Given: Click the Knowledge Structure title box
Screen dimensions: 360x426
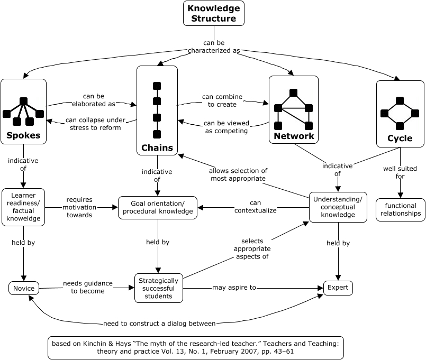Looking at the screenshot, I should tap(214, 13).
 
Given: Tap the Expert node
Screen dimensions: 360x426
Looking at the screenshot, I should tap(338, 288).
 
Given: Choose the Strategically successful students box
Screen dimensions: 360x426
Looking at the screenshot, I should tap(158, 288).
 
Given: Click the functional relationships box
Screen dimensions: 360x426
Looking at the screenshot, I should tap(400, 209).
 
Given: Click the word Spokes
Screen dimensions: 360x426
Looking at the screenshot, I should tap(23, 136).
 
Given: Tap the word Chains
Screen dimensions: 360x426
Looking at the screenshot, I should tap(157, 147).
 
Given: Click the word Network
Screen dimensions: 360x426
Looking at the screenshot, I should tap(294, 136).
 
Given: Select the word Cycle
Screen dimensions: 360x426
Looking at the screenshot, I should tap(400, 139).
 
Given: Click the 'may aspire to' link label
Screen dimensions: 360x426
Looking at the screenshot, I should tap(234, 288).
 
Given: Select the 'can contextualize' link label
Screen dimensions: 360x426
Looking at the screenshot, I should tap(256, 207).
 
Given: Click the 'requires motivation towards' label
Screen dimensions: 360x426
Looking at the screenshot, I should tap(79, 207).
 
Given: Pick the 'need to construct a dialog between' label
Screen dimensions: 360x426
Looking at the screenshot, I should tap(159, 323).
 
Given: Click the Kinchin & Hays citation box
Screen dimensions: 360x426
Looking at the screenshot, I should tap(195, 346).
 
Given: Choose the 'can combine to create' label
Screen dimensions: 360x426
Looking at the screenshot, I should tap(222, 100).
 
